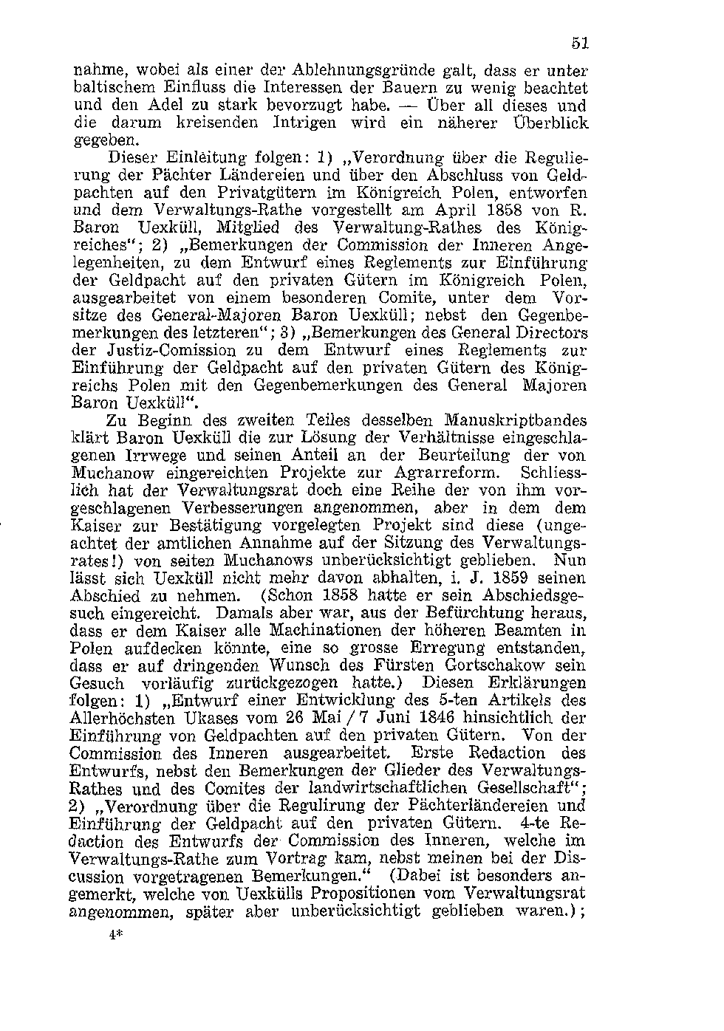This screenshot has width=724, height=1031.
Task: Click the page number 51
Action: [x=579, y=43]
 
